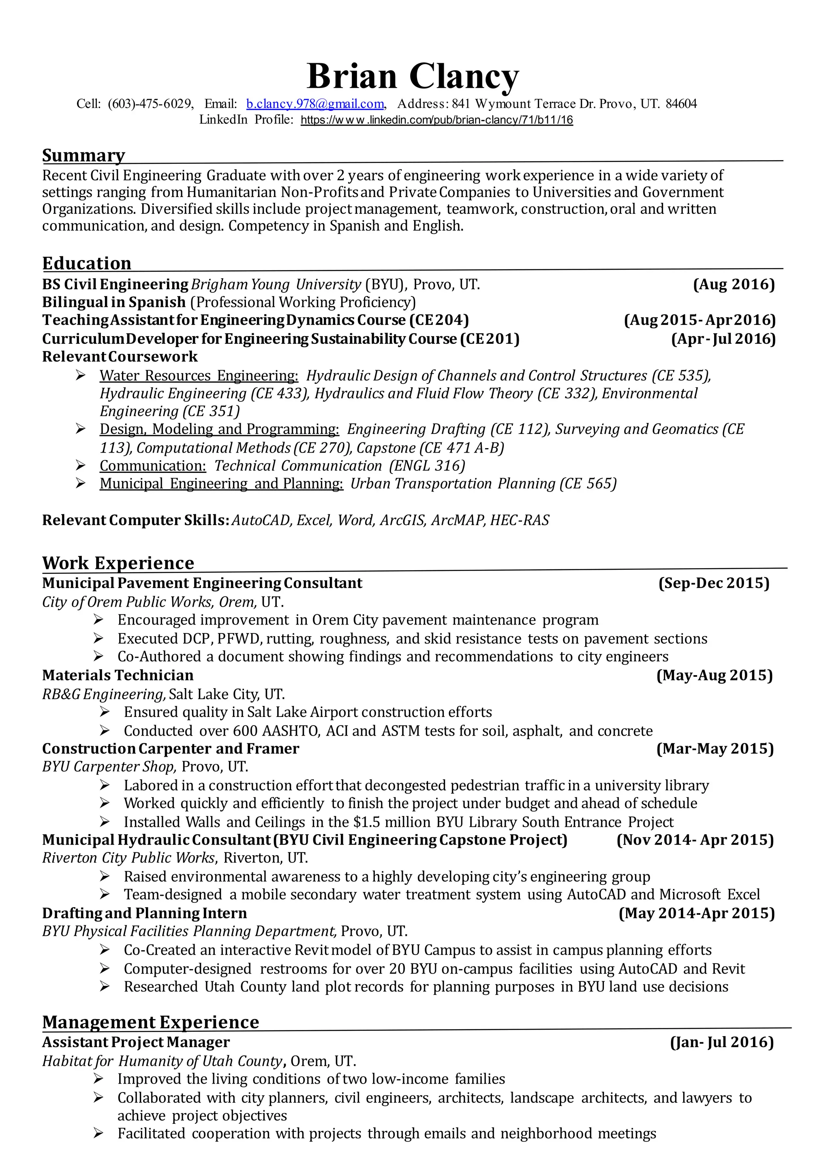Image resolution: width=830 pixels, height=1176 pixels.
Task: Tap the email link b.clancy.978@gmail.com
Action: (315, 104)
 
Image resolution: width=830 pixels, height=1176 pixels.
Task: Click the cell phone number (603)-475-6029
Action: (150, 104)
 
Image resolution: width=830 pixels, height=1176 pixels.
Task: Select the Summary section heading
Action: (83, 155)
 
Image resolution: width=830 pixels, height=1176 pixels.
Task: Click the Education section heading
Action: (87, 263)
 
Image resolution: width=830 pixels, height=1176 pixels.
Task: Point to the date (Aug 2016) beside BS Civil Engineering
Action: (733, 284)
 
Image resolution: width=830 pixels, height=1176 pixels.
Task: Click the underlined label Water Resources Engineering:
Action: (199, 376)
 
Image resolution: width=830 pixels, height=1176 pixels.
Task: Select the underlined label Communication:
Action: (152, 466)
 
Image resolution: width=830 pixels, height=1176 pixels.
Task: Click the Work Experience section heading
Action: (118, 563)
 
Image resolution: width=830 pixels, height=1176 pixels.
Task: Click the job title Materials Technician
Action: (118, 675)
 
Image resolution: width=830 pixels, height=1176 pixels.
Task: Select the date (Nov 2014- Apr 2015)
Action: (695, 840)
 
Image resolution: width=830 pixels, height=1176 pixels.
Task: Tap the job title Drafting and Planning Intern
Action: (144, 913)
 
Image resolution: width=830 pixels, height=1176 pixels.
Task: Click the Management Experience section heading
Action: (150, 1022)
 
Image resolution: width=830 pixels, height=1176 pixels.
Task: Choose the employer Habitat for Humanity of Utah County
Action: (162, 1061)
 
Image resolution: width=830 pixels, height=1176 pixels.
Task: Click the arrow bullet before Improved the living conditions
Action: (98, 1079)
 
